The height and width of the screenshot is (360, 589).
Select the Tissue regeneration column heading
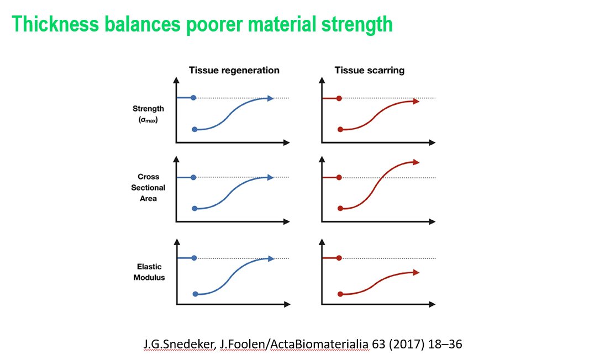pos(234,71)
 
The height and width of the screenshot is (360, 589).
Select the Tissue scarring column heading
pos(369,71)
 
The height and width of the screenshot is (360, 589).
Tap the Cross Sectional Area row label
pos(148,188)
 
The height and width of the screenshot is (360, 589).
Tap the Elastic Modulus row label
pos(149,272)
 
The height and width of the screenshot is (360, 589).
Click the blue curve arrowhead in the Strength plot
pos(271,98)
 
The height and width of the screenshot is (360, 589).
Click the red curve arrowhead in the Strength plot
pos(416,101)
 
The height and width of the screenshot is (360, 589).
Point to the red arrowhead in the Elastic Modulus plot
pos(416,272)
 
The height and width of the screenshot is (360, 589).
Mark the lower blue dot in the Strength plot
pos(194,129)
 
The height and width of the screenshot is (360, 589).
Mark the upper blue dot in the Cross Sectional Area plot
pos(193,177)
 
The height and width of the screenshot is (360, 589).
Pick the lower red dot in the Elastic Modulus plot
pos(340,294)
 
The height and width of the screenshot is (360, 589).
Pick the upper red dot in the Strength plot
pos(339,98)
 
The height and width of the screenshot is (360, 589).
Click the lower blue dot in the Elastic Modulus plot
pos(194,294)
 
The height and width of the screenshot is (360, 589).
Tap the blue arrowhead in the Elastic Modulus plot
pos(271,258)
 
